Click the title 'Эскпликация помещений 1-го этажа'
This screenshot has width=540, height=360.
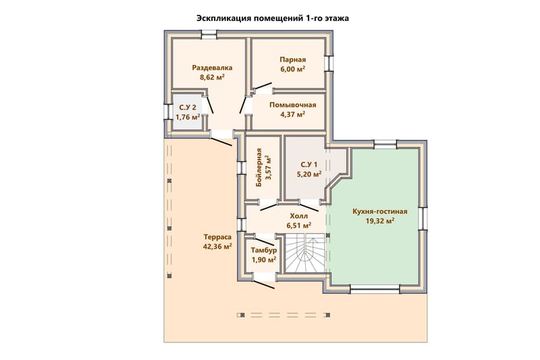click(273, 18)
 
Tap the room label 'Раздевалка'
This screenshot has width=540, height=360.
click(212, 68)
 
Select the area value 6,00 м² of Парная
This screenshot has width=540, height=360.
click(293, 69)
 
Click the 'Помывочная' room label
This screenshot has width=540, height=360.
click(293, 105)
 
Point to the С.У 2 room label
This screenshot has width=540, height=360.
click(188, 107)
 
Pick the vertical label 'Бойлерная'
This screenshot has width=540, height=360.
click(259, 168)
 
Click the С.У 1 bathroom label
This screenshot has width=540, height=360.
click(309, 164)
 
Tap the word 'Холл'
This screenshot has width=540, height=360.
click(299, 216)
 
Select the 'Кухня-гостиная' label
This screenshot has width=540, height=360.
click(380, 211)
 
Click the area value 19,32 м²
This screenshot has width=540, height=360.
click(380, 221)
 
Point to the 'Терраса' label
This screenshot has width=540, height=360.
click(217, 237)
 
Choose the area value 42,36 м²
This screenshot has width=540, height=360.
click(217, 247)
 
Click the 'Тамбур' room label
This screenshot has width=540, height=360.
click(263, 250)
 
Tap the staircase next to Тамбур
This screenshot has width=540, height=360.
click(306, 253)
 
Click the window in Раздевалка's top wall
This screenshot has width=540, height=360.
click(209, 33)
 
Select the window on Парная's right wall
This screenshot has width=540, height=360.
click(329, 63)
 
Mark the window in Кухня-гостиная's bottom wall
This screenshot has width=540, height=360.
click(375, 289)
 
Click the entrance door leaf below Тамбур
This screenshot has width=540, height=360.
click(265, 284)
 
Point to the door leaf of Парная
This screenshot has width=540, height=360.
click(261, 86)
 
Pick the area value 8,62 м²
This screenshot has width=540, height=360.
click(212, 77)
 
